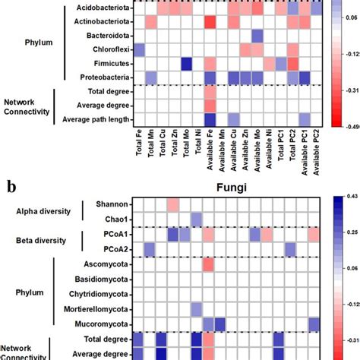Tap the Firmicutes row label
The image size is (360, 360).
pos(109,64)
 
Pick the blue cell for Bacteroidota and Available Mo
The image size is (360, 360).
pos(257,36)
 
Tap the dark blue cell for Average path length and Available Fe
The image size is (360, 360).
pos(210,119)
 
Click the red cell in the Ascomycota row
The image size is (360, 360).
pos(210,265)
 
